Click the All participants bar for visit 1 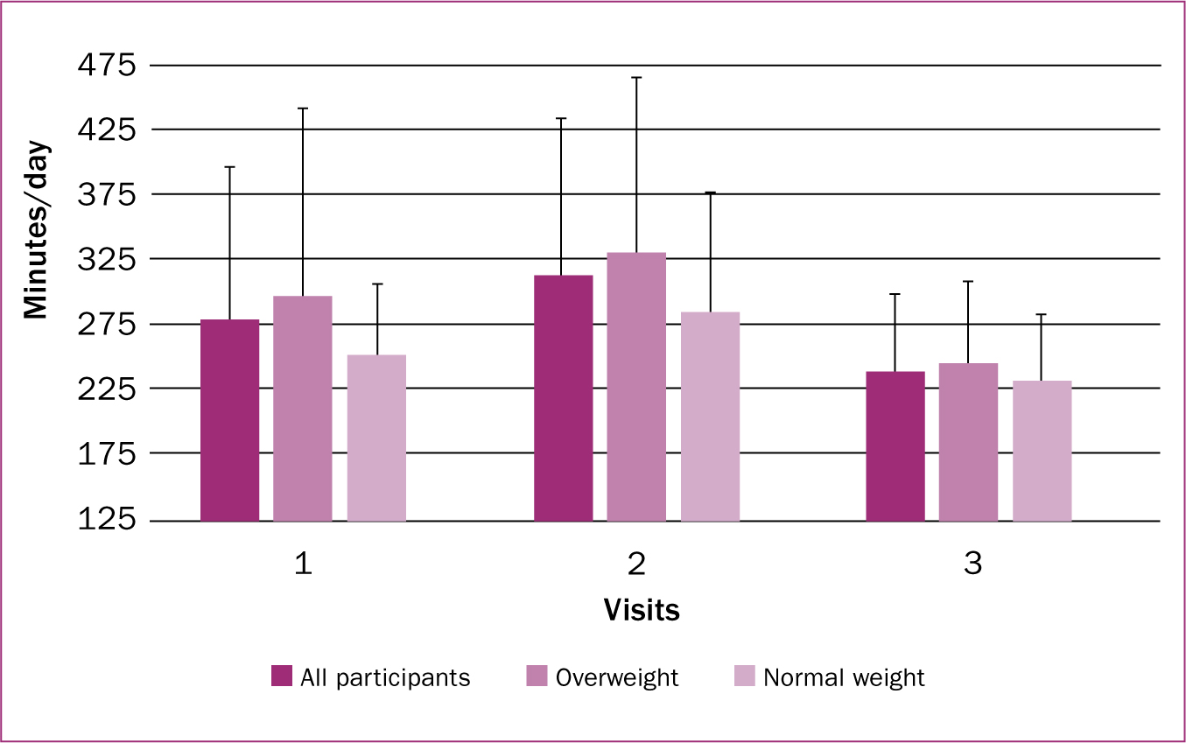(x=230, y=420)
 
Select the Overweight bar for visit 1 (x=303, y=409)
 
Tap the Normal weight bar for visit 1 (x=377, y=438)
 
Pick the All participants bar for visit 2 (x=564, y=398)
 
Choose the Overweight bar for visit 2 (x=636, y=387)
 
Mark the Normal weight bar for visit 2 (x=711, y=417)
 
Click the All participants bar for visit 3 (x=896, y=446)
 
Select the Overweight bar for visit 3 (x=968, y=443)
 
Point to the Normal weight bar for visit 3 (x=1042, y=452)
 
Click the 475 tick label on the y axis (x=107, y=65)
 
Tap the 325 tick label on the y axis (x=107, y=259)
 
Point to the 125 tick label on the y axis (x=107, y=519)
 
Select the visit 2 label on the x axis (x=636, y=564)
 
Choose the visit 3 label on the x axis (x=973, y=564)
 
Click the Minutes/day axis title (x=36, y=229)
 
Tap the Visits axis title (x=642, y=610)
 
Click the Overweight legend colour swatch (x=537, y=676)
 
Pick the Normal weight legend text (x=844, y=678)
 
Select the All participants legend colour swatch (x=282, y=676)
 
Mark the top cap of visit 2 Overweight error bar (x=636, y=78)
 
